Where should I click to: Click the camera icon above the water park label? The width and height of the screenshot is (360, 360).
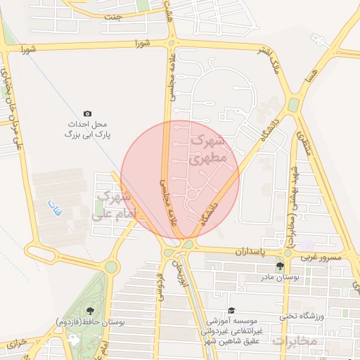tap(87, 113)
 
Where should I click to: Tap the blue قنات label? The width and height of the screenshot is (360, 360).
tap(53, 207)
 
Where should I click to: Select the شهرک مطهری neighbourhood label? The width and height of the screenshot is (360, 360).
tap(208, 150)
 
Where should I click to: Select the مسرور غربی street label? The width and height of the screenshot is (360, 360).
tap(322, 257)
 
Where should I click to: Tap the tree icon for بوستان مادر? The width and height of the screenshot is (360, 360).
tap(281, 266)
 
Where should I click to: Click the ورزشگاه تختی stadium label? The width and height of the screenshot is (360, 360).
tap(302, 316)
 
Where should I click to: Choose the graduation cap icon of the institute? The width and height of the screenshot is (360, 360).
tap(231, 311)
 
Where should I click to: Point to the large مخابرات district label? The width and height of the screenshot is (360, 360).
tap(295, 341)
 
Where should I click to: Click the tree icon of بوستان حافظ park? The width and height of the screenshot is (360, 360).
tap(89, 311)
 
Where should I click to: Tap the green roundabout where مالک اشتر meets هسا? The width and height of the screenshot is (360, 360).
tap(293, 105)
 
